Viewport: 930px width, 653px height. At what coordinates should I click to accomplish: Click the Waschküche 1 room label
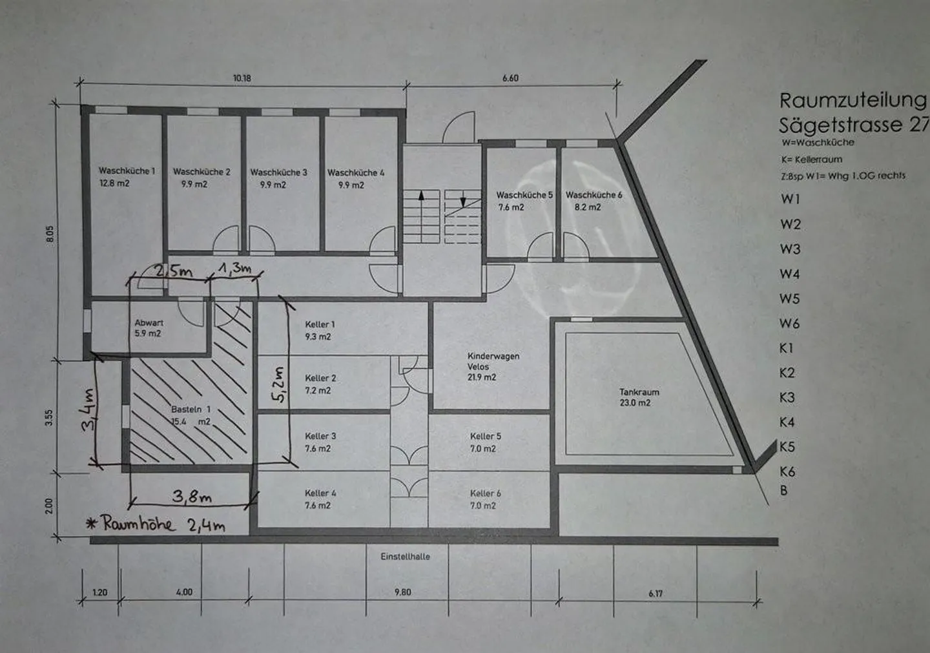tap(127, 171)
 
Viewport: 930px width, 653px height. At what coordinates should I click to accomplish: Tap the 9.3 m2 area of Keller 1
tap(318, 337)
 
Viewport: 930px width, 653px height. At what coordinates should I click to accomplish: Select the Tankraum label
tap(639, 392)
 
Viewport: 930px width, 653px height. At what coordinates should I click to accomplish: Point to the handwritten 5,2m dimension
tap(280, 384)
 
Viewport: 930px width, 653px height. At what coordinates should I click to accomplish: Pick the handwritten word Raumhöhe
tap(138, 523)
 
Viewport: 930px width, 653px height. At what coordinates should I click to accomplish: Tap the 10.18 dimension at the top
tap(242, 78)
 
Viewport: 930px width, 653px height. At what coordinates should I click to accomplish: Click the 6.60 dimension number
tap(510, 78)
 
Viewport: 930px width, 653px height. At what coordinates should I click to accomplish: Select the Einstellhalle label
tap(405, 557)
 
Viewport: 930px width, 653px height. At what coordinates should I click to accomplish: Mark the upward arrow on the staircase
tap(421, 201)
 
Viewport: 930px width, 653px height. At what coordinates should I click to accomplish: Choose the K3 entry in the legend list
tap(787, 397)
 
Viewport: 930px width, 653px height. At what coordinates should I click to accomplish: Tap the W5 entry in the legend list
tap(789, 298)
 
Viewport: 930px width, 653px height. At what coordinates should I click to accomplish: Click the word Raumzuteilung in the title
tap(852, 101)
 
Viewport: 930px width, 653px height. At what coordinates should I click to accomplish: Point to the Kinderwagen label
tap(493, 356)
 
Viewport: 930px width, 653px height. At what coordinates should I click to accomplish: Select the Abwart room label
tap(149, 322)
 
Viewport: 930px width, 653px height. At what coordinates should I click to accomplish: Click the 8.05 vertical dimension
tap(50, 234)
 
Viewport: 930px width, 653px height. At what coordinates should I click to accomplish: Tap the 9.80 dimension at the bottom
tap(403, 592)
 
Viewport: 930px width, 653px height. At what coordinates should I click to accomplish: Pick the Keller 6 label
tap(486, 493)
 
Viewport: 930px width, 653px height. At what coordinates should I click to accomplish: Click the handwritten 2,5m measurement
tap(174, 271)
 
